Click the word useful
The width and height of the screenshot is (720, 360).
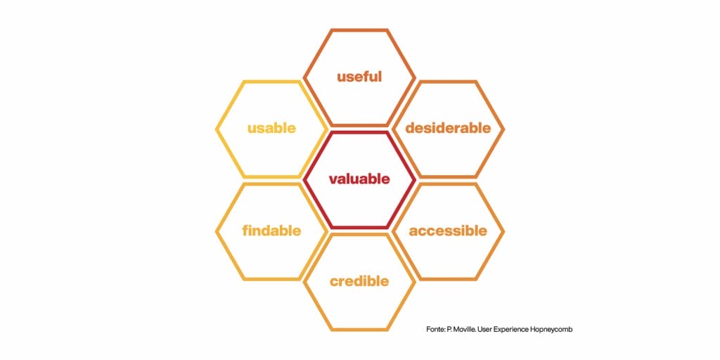359,77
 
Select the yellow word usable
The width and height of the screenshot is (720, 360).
271,128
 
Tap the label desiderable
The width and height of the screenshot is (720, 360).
448,128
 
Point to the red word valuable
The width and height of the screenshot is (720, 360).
359,179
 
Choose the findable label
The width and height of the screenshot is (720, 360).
271,231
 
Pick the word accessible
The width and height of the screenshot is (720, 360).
448,231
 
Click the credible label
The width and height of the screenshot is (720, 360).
359,281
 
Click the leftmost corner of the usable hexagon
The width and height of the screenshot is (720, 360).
217,129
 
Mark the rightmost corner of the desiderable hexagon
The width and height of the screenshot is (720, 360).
503,129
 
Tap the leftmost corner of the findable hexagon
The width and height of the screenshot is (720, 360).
217,231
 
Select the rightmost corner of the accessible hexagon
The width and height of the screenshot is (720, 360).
503,231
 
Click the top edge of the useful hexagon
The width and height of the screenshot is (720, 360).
359,30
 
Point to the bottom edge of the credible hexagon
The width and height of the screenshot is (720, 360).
359,329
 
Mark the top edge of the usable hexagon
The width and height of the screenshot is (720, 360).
271,82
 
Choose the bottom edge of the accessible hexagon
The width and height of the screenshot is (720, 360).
448,278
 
